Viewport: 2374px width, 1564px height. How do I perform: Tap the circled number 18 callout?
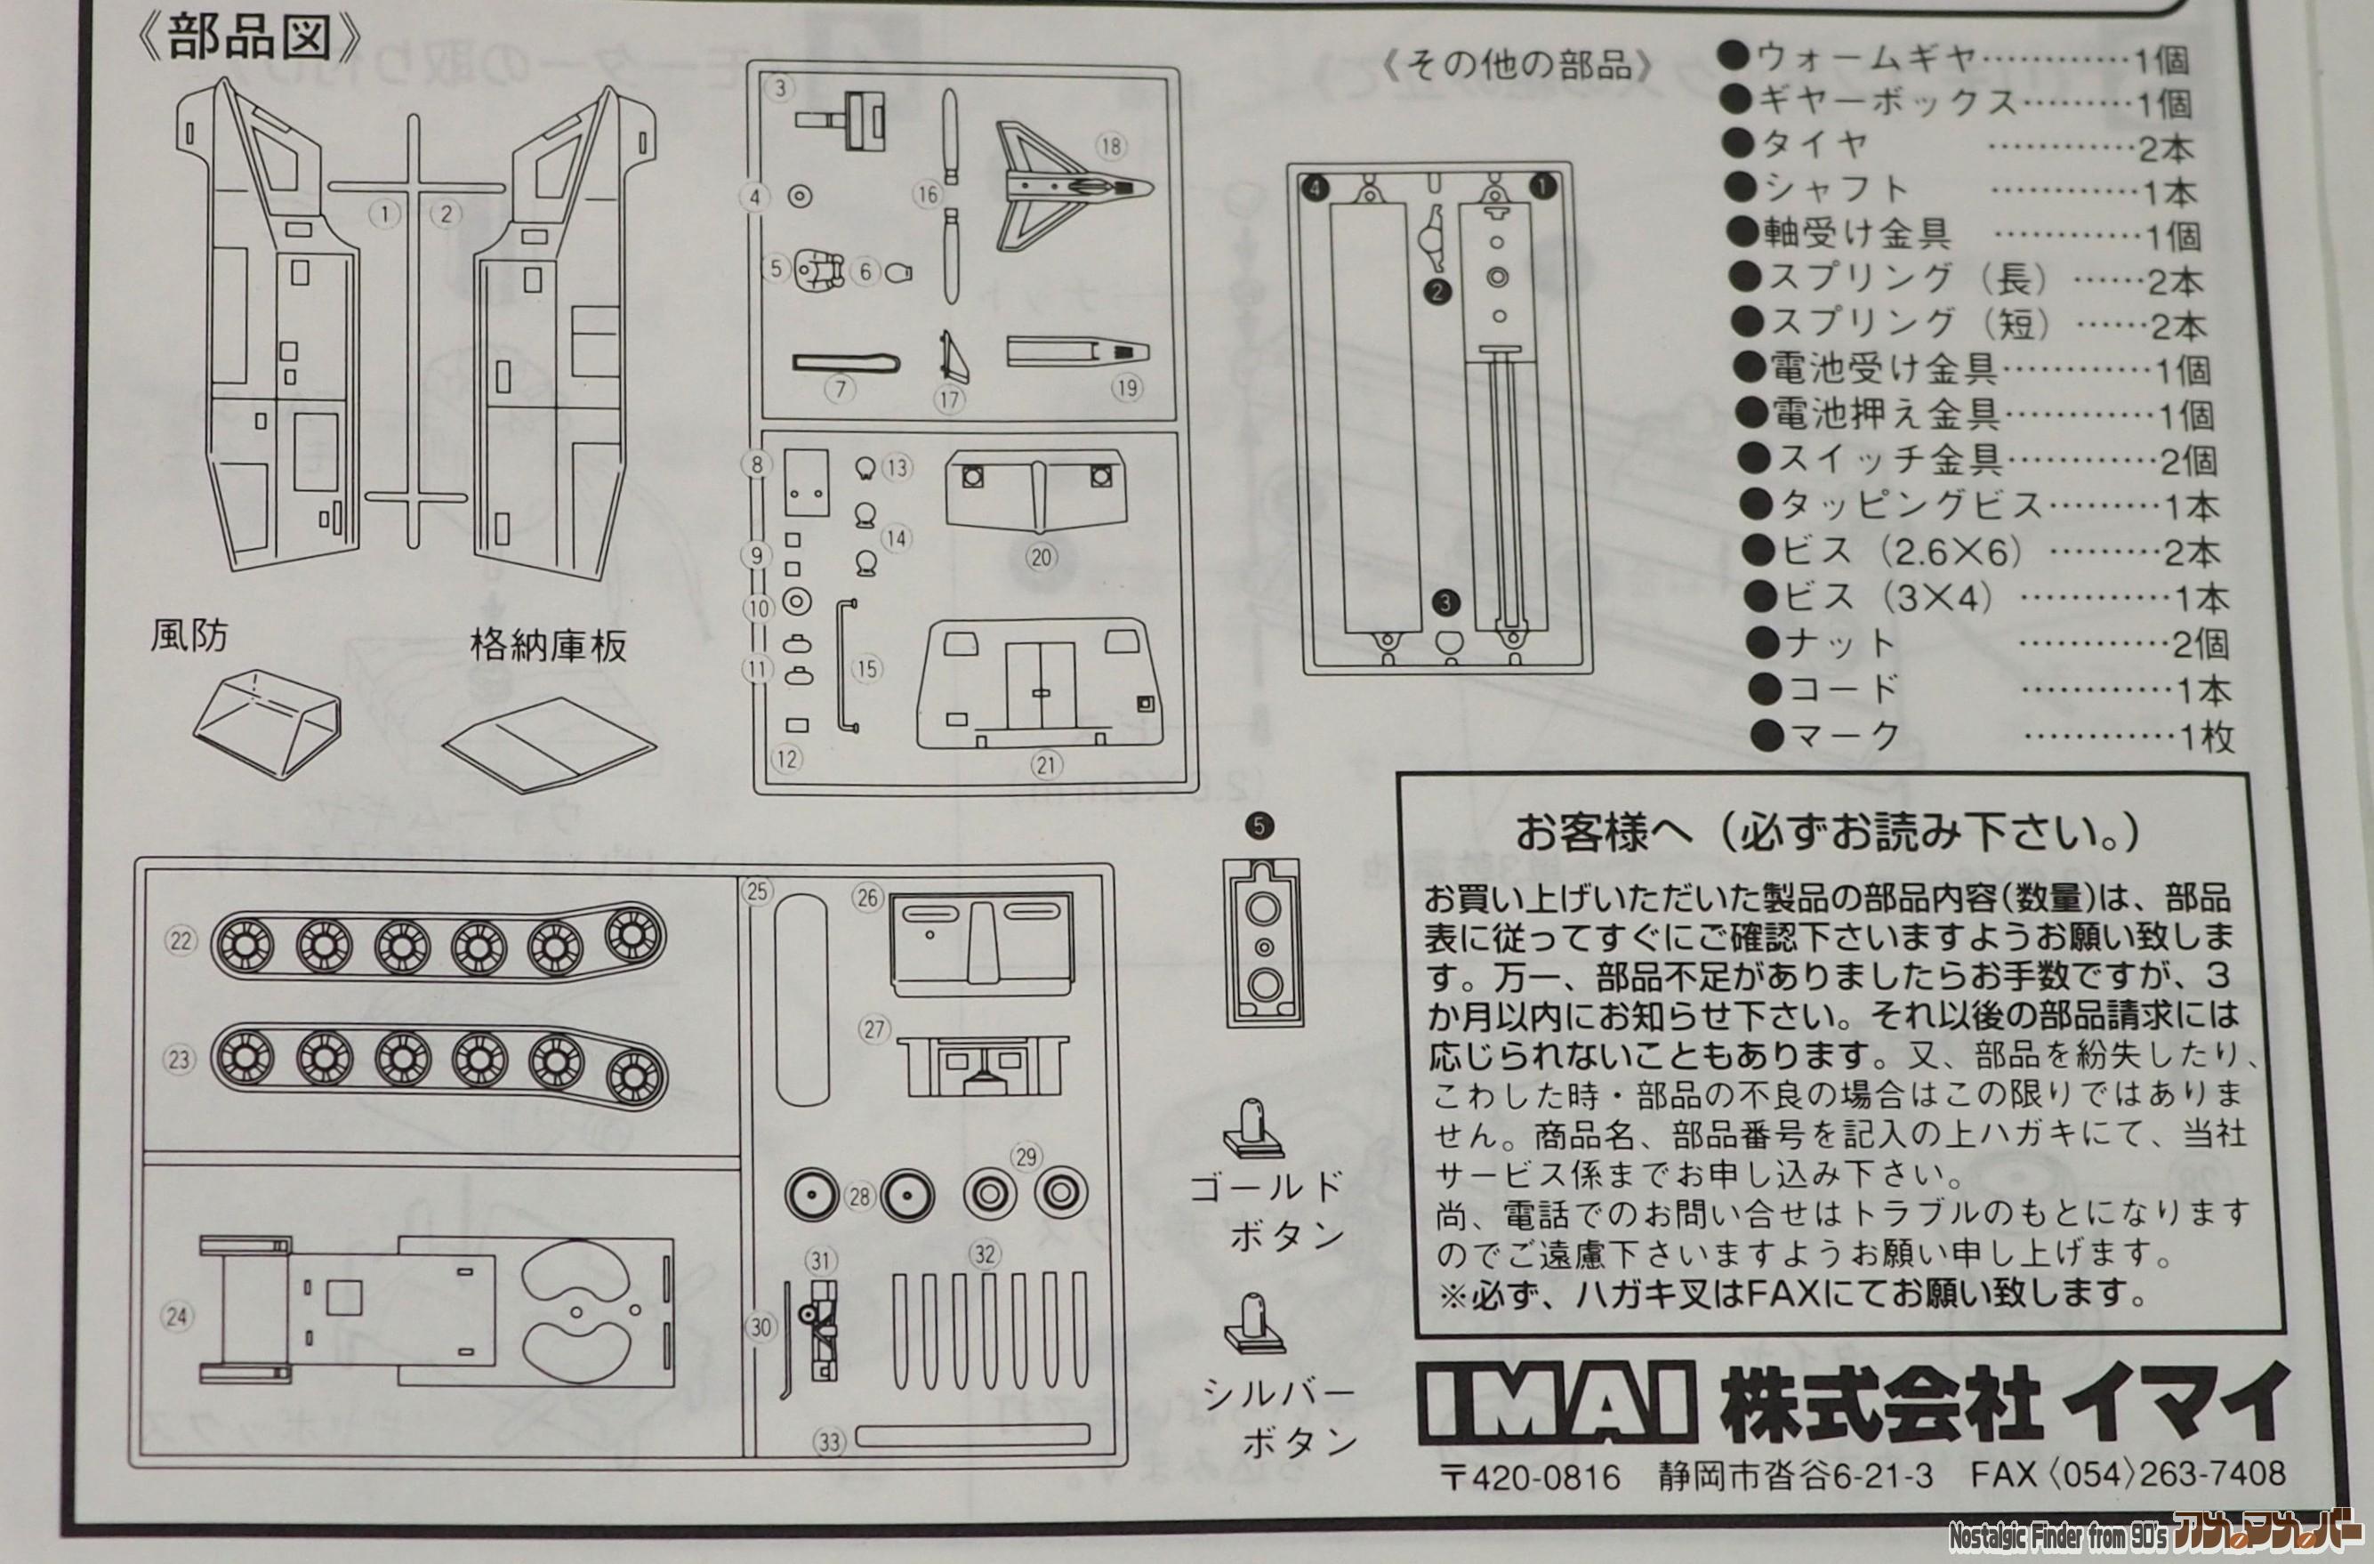[1110, 146]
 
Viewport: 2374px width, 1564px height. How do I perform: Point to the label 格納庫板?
[548, 647]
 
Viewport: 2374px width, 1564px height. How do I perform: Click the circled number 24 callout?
[176, 1318]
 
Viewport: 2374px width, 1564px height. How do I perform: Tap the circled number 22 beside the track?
[181, 939]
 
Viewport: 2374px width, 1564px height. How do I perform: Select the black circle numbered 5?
[1260, 826]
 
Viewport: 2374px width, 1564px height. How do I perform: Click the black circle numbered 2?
[1437, 291]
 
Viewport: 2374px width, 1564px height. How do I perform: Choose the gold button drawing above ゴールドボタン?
[1251, 1130]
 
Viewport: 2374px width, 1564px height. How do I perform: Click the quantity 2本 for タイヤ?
[2168, 149]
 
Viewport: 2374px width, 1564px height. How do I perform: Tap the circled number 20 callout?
[1042, 557]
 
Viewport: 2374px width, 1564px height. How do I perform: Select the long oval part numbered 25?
[802, 999]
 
